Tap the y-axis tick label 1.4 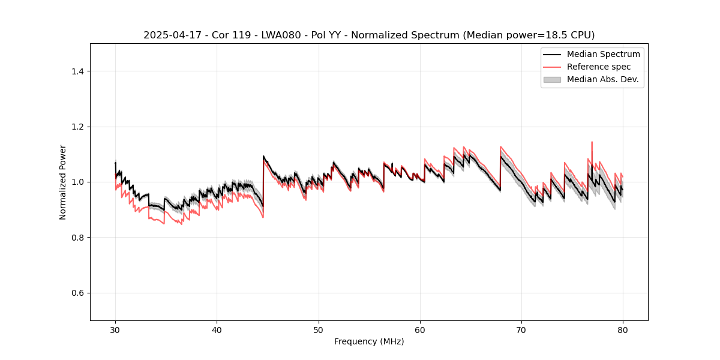pos(77,71)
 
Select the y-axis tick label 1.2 pos(77,127)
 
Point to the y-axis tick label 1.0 pos(77,182)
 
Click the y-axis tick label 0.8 pos(77,238)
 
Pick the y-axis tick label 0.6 pos(77,293)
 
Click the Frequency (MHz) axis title pos(369,341)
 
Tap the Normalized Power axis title pos(63,182)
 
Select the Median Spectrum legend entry pos(603,54)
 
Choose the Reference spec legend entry pos(599,67)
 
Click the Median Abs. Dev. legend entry pos(602,79)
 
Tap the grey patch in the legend pos(552,79)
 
